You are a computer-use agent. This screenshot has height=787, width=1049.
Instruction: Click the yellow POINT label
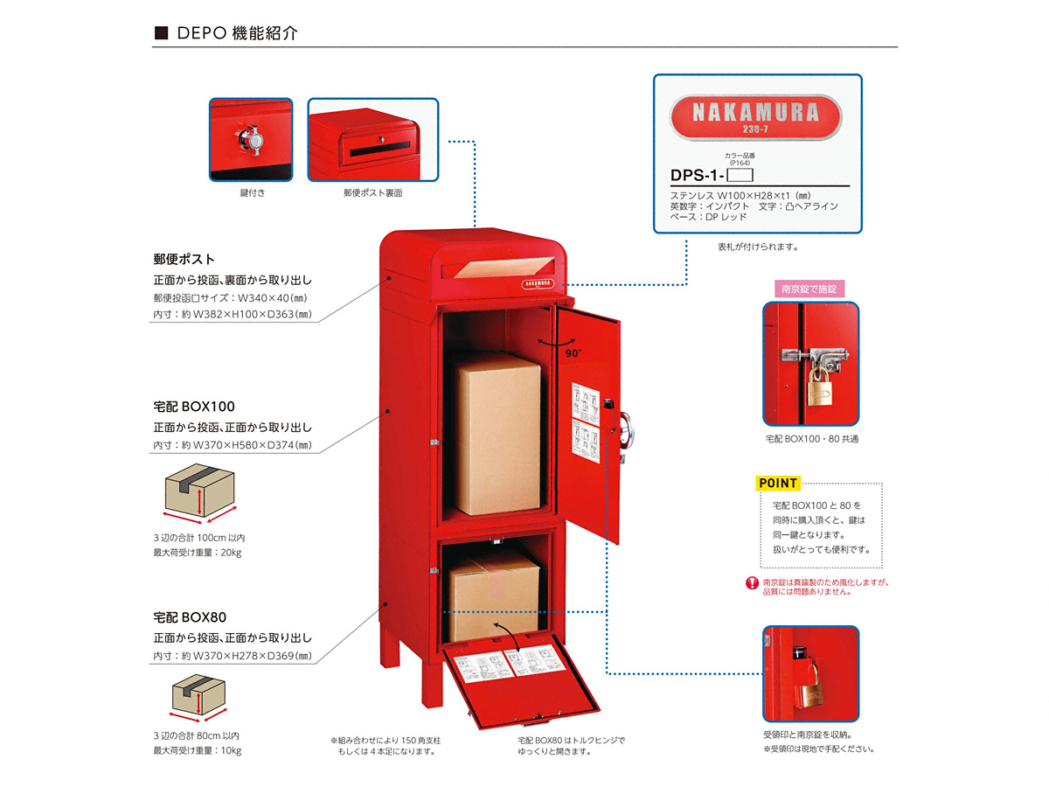coord(777,483)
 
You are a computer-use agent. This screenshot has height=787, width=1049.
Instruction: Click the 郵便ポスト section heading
coord(184,260)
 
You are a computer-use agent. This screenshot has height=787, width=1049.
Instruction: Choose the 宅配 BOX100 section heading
coord(194,407)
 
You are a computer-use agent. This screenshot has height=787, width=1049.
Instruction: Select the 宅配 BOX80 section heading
coord(191,617)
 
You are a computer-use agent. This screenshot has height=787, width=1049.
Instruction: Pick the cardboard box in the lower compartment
coord(494,590)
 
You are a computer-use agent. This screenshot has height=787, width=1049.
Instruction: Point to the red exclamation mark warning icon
coord(751,584)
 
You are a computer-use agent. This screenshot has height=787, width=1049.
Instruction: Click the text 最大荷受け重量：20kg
coord(198,553)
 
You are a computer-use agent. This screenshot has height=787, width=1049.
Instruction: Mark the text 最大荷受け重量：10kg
coord(198,750)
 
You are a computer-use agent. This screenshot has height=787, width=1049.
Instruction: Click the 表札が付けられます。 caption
coord(758,247)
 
